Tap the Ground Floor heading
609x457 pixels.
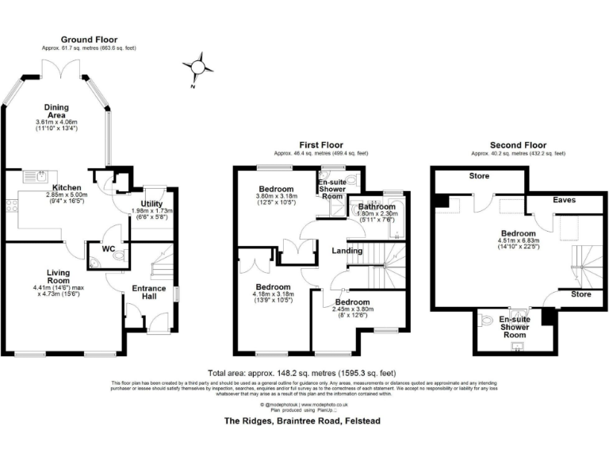click(89, 39)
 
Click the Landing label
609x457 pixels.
click(347, 251)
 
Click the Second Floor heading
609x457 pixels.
click(519, 144)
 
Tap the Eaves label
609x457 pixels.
click(564, 201)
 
